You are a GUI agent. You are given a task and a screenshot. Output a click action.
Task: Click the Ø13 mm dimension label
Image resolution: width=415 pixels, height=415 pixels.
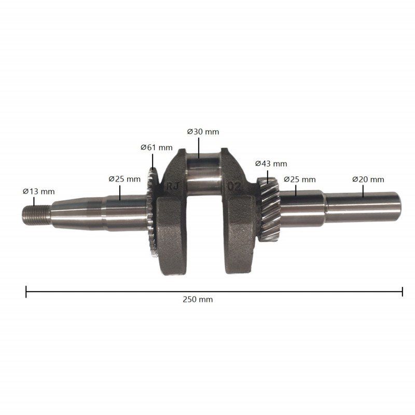click(x=38, y=191)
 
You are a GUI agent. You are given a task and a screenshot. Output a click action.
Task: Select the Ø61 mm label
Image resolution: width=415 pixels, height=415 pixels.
click(x=156, y=147)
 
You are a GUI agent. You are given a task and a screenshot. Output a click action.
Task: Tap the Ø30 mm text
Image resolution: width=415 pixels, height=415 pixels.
click(x=203, y=132)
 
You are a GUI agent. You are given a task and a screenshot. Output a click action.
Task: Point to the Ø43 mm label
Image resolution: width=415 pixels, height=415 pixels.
click(x=271, y=164)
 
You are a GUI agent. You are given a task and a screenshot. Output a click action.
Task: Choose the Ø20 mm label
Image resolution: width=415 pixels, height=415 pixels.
click(x=368, y=179)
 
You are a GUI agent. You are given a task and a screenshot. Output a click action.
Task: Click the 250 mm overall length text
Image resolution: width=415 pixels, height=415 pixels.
click(x=198, y=299)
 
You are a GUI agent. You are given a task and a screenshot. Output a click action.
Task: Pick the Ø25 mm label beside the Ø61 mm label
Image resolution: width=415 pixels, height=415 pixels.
click(x=125, y=179)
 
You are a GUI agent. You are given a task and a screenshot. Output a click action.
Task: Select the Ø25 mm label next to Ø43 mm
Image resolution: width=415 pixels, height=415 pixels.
click(x=299, y=179)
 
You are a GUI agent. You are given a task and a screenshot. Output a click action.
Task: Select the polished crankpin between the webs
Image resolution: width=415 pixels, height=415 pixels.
click(x=203, y=179)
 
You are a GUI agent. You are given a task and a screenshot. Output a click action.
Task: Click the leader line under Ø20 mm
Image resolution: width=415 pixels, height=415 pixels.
click(x=363, y=191)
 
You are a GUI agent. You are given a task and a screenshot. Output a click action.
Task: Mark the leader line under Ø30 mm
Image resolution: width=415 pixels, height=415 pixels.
click(x=199, y=146)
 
